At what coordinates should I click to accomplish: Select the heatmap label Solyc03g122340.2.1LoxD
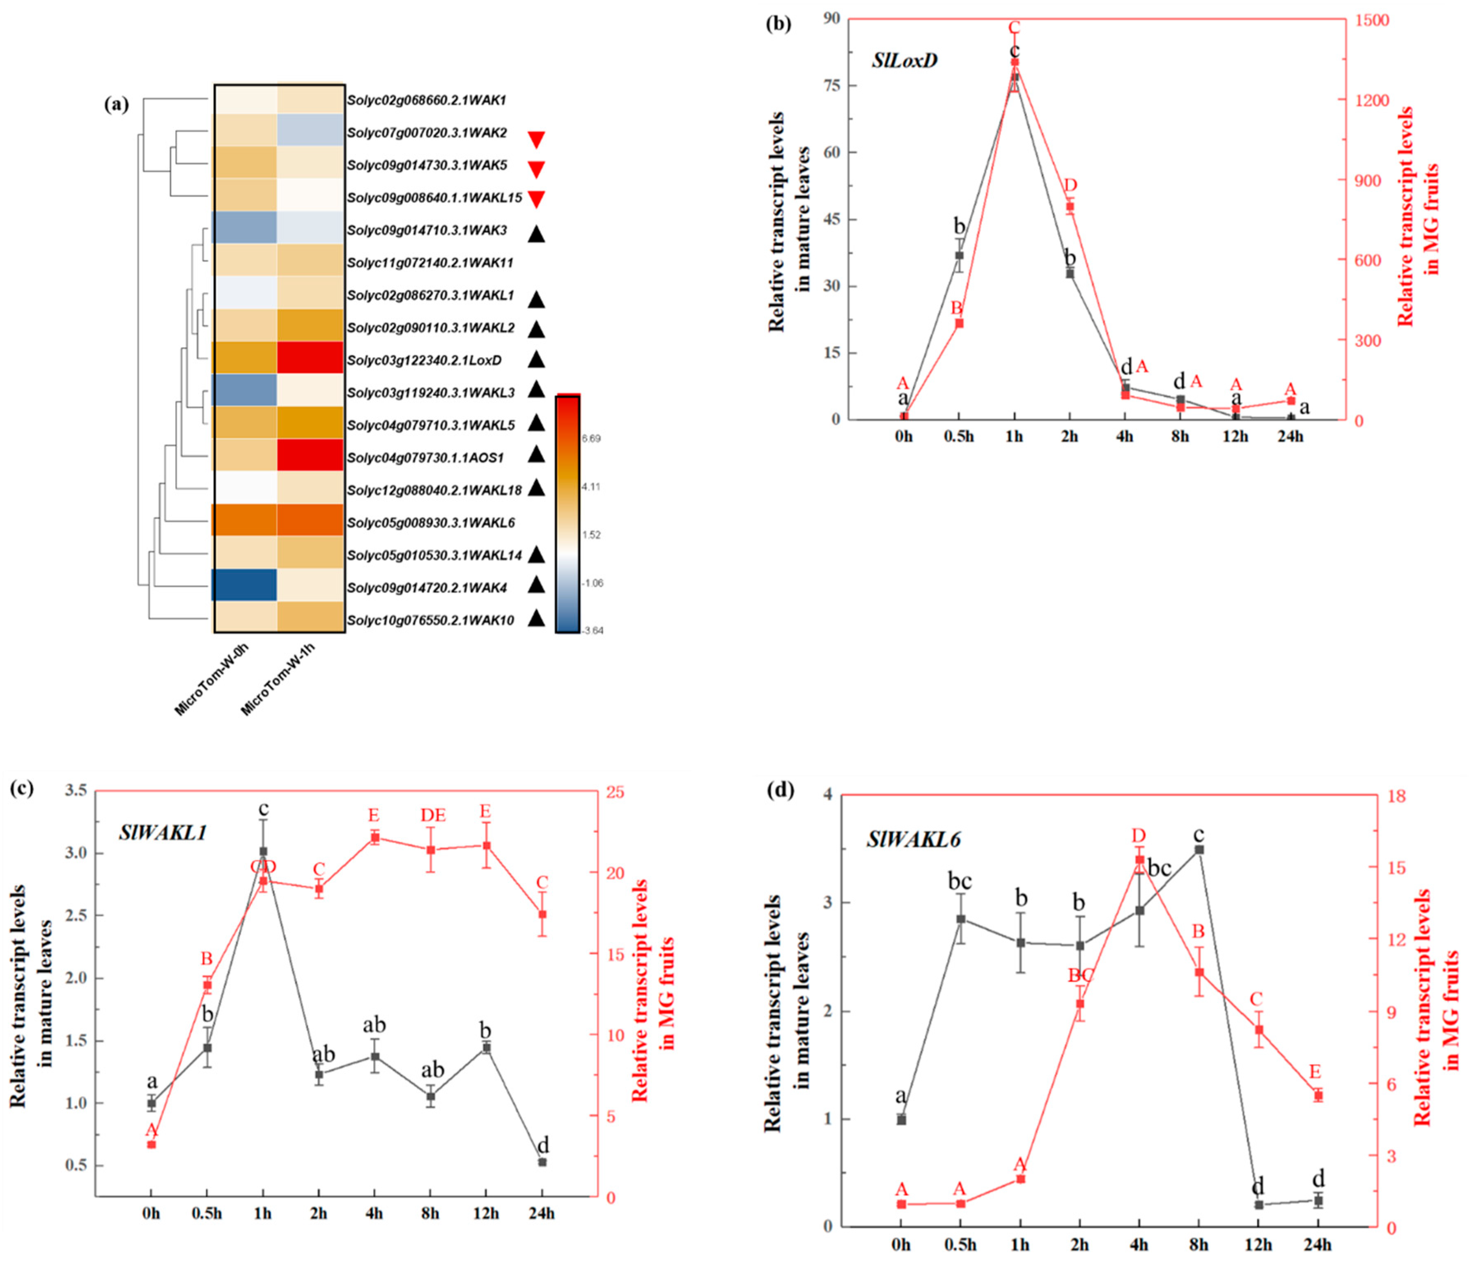coord(424,360)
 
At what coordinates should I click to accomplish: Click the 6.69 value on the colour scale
coord(590,439)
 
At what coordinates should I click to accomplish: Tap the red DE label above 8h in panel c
coord(432,815)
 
